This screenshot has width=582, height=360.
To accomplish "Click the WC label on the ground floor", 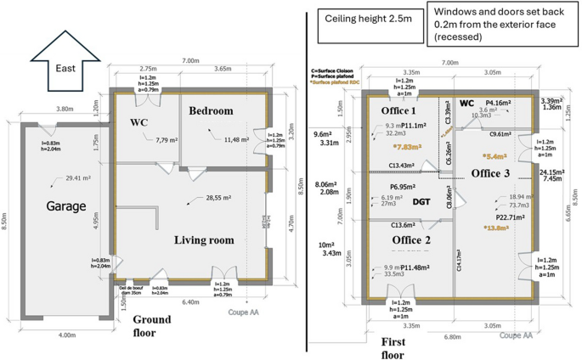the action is click(141, 123).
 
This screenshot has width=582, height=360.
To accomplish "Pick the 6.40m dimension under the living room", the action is click(191, 301).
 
